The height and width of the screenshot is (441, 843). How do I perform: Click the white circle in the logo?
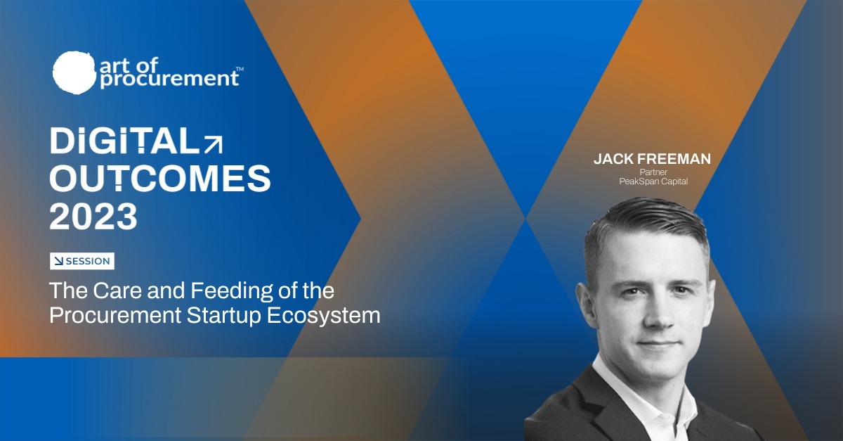[x=74, y=72]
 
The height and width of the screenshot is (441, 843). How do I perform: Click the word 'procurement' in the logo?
[x=169, y=79]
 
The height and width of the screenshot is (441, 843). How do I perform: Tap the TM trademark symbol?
[x=240, y=69]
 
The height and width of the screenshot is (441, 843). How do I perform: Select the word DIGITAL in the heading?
[x=124, y=141]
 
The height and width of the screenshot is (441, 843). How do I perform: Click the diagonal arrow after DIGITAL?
[x=214, y=144]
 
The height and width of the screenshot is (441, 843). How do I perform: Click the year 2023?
[x=93, y=217]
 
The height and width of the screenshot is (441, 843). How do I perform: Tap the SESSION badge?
[x=82, y=261]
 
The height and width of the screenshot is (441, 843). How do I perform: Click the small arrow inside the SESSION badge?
[x=59, y=261]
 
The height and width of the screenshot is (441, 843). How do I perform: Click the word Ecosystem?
[x=324, y=316]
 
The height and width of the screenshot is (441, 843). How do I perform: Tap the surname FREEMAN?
[x=674, y=159]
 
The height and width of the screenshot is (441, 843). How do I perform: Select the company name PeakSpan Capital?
[x=653, y=181]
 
